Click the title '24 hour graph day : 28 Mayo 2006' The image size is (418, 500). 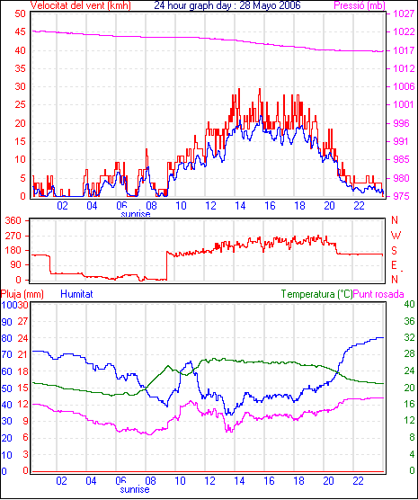[227, 5]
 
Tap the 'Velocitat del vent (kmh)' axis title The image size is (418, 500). [81, 5]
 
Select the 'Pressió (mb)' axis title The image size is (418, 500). [360, 5]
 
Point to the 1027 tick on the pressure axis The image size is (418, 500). [404, 13]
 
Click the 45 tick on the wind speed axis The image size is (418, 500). [20, 31]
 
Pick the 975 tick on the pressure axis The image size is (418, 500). [402, 196]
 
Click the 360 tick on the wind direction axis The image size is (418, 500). [13, 220]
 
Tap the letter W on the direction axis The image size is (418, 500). [396, 236]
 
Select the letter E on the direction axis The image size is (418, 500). [395, 265]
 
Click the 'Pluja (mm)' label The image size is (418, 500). [22, 294]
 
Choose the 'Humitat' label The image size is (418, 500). [76, 294]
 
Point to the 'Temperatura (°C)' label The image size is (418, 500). [317, 294]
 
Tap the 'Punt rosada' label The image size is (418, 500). [378, 294]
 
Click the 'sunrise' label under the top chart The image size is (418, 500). [136, 214]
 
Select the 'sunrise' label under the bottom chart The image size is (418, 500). [135, 489]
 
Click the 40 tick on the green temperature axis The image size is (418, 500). [409, 304]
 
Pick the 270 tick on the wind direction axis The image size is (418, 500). [13, 236]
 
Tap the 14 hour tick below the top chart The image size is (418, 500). [240, 206]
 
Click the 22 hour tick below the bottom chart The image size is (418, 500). [358, 481]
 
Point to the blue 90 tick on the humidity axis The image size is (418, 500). [6, 322]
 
